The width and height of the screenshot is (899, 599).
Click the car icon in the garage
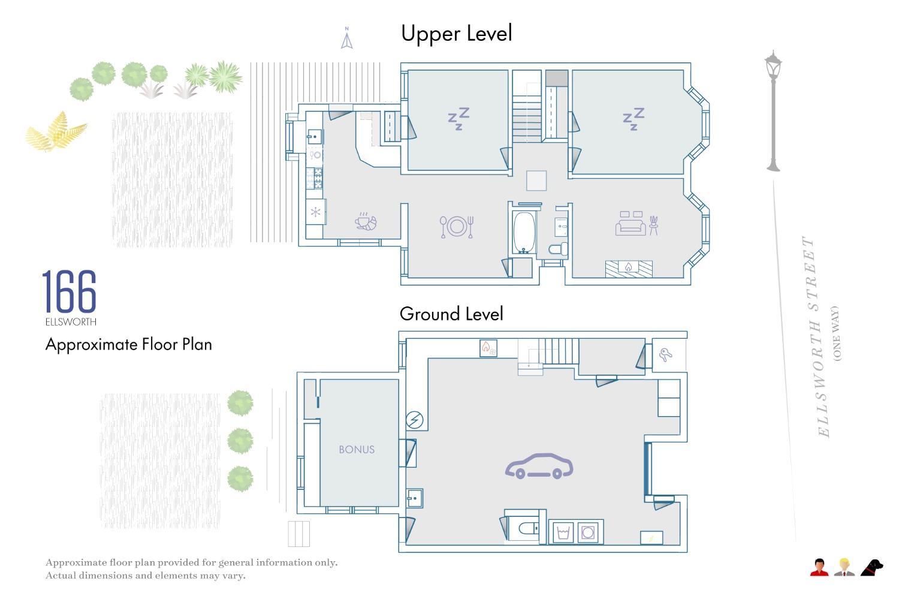(x=539, y=467)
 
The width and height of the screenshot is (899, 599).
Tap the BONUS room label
(x=357, y=449)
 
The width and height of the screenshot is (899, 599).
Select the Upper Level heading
(x=456, y=34)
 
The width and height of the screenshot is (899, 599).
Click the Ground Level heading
(x=451, y=314)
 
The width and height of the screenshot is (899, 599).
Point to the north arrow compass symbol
(x=347, y=38)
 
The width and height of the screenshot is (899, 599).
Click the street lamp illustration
(x=773, y=111)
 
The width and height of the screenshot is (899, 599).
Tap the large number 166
(x=69, y=291)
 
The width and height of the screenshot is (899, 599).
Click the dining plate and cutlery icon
(x=456, y=227)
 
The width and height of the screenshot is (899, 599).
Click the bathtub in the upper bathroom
(x=524, y=233)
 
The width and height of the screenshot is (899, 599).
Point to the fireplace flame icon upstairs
(x=629, y=267)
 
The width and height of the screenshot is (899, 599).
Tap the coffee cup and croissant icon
(x=366, y=222)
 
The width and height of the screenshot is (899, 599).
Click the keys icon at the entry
(x=665, y=354)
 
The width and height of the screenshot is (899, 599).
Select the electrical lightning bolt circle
(x=415, y=420)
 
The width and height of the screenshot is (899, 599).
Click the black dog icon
(x=871, y=568)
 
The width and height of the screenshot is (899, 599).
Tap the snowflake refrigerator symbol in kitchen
(x=315, y=212)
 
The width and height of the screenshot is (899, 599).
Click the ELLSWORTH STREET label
(x=814, y=336)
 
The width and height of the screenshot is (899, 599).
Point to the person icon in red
(x=819, y=567)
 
